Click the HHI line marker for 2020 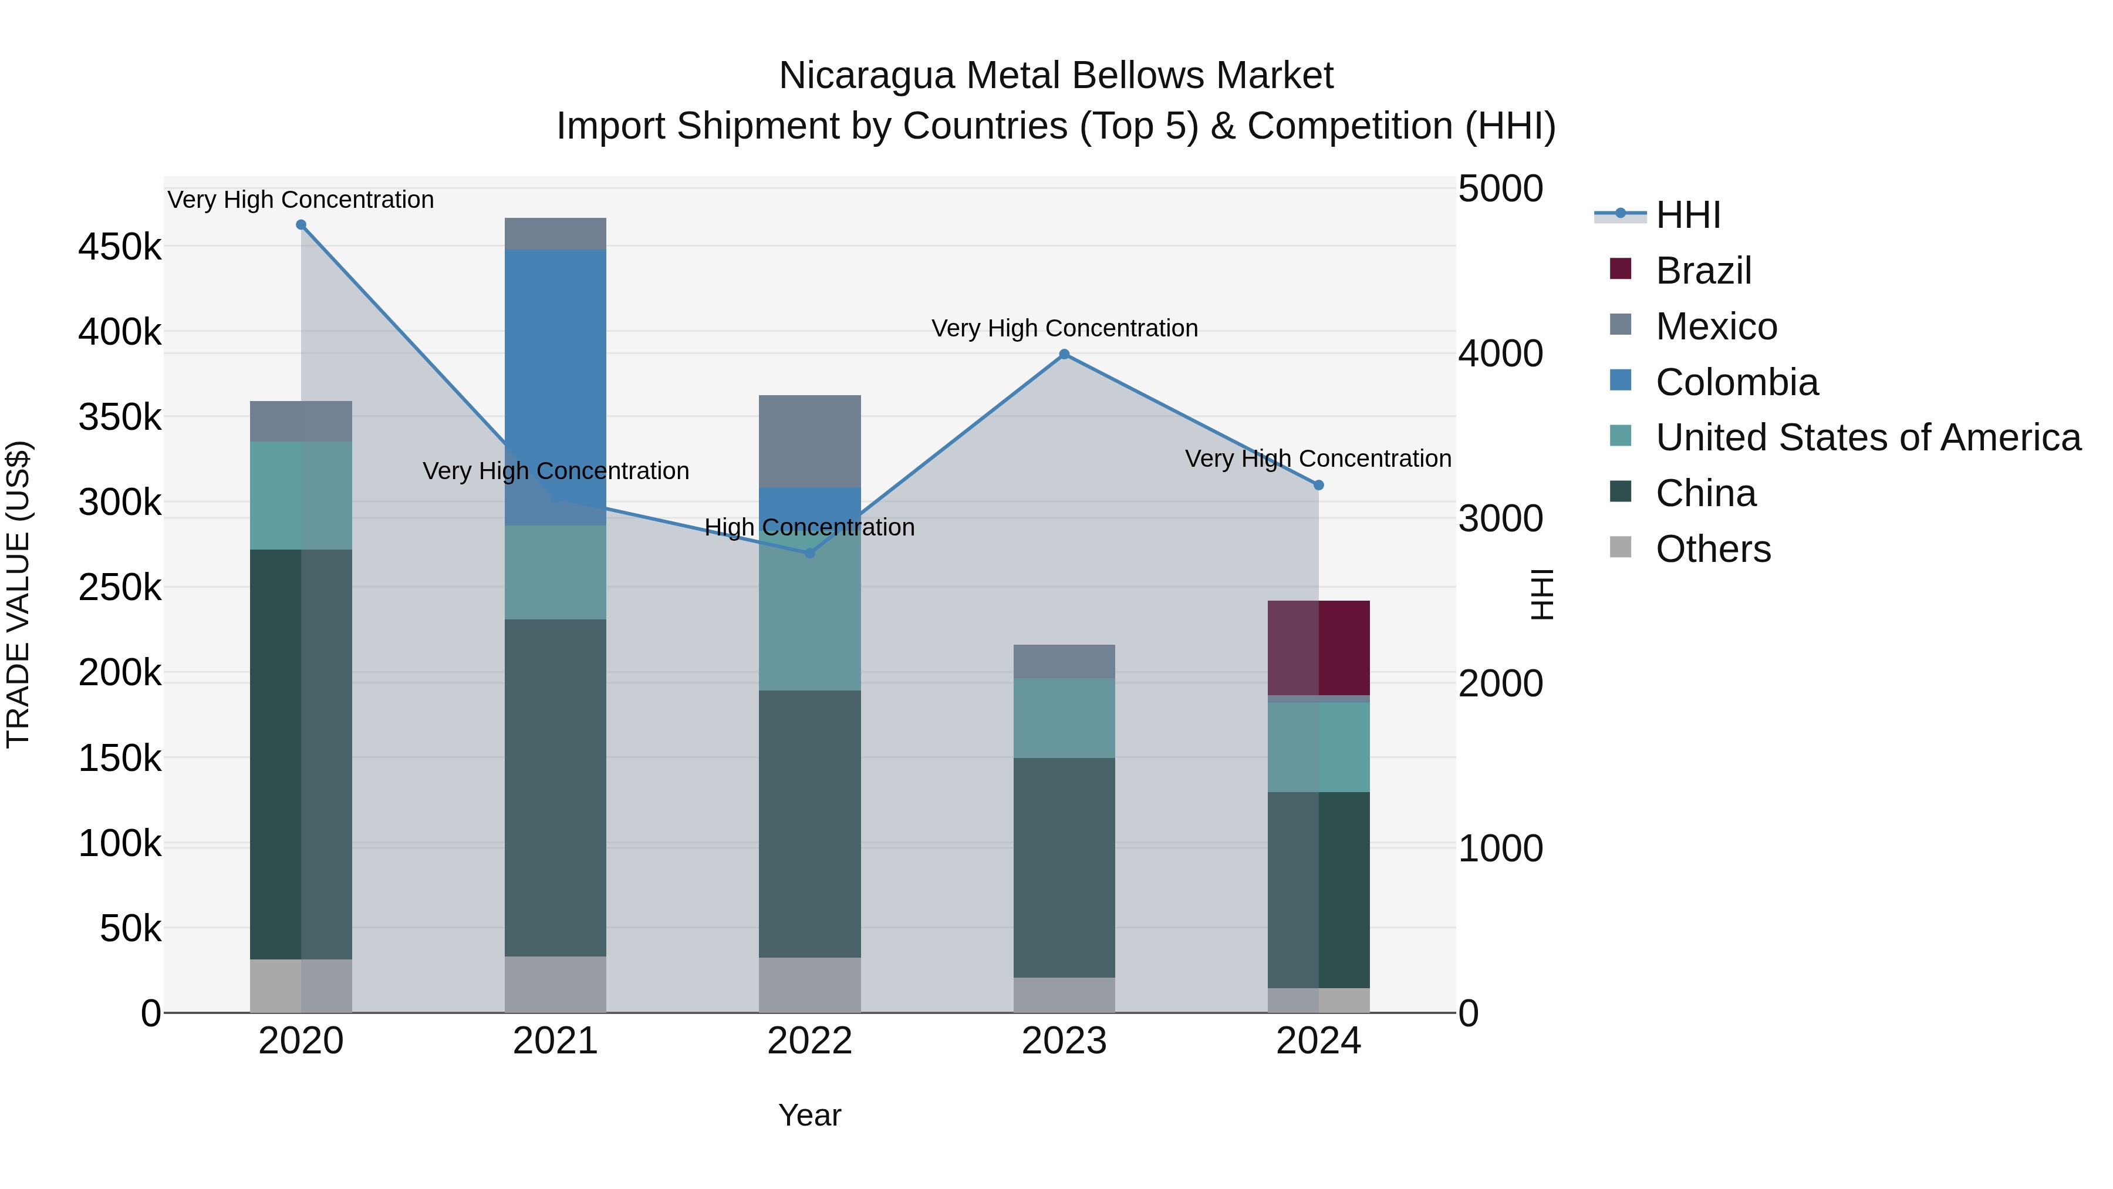(301, 225)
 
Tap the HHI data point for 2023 (1064, 355)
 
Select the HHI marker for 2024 (1318, 485)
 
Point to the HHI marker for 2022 (809, 553)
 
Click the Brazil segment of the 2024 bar (1318, 648)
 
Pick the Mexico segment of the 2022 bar (809, 442)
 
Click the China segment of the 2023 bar (1064, 867)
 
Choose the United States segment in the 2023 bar (1064, 718)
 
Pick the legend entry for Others (1713, 549)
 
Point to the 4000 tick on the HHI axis (1500, 355)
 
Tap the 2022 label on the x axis (809, 1041)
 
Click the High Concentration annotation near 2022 (809, 528)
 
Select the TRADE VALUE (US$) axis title (18, 594)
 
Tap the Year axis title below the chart (809, 1115)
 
